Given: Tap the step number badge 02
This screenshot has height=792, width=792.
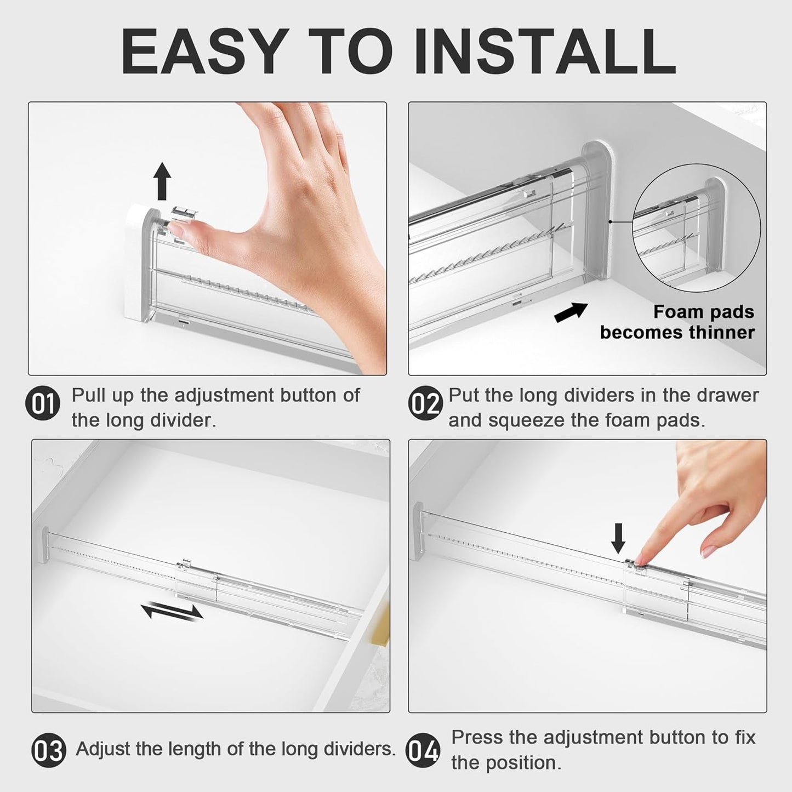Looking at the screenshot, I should pos(424,404).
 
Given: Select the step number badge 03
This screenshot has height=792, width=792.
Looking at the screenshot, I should pos(49,750).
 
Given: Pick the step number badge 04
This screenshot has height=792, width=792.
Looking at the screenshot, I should pos(423,750).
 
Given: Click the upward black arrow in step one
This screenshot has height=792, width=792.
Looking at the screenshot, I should pos(162,181).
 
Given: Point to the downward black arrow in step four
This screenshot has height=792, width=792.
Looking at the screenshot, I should pos(618,538).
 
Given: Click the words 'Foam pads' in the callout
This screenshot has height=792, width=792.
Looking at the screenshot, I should pos(703,312).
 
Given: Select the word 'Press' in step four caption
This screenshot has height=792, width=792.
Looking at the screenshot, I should pos(476,738).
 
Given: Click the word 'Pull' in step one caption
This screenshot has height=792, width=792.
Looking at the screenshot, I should pos(88,395).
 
